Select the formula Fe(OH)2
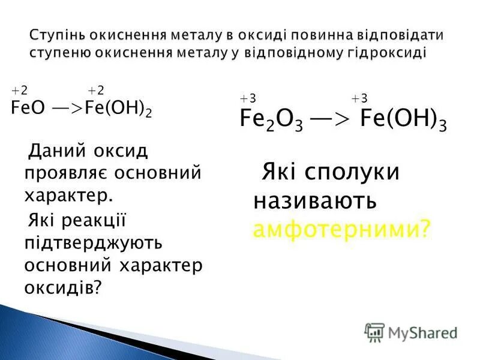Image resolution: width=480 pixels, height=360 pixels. (x=119, y=109)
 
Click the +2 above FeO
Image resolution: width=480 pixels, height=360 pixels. (x=20, y=91)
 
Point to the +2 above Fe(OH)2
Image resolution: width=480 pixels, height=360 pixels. (x=96, y=91)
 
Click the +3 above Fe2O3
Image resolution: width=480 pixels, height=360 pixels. (x=247, y=99)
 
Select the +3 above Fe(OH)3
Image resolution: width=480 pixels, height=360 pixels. (x=359, y=99)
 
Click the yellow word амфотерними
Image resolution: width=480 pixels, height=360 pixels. (x=341, y=228)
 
